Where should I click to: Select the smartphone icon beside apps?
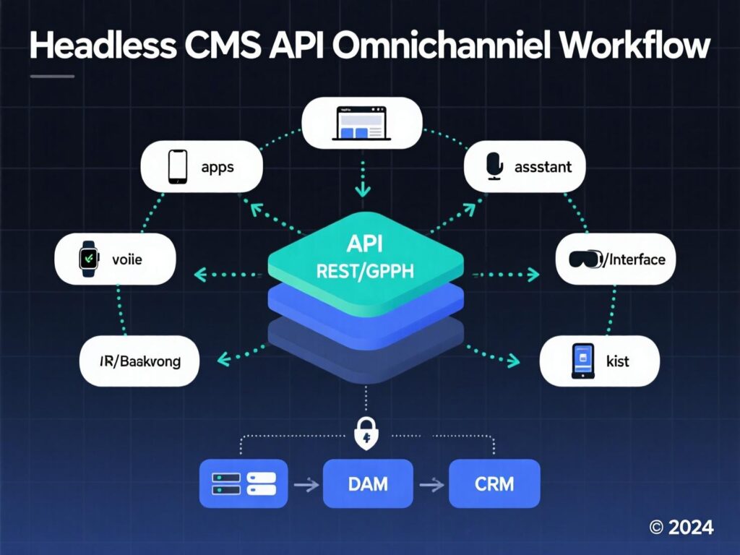coord(177,167)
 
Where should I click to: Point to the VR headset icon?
coord(585,259)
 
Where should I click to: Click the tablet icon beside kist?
coord(582,360)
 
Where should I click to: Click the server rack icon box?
coord(244,483)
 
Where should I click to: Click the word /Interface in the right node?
coord(634,259)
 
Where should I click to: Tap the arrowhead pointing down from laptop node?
coord(363,192)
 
